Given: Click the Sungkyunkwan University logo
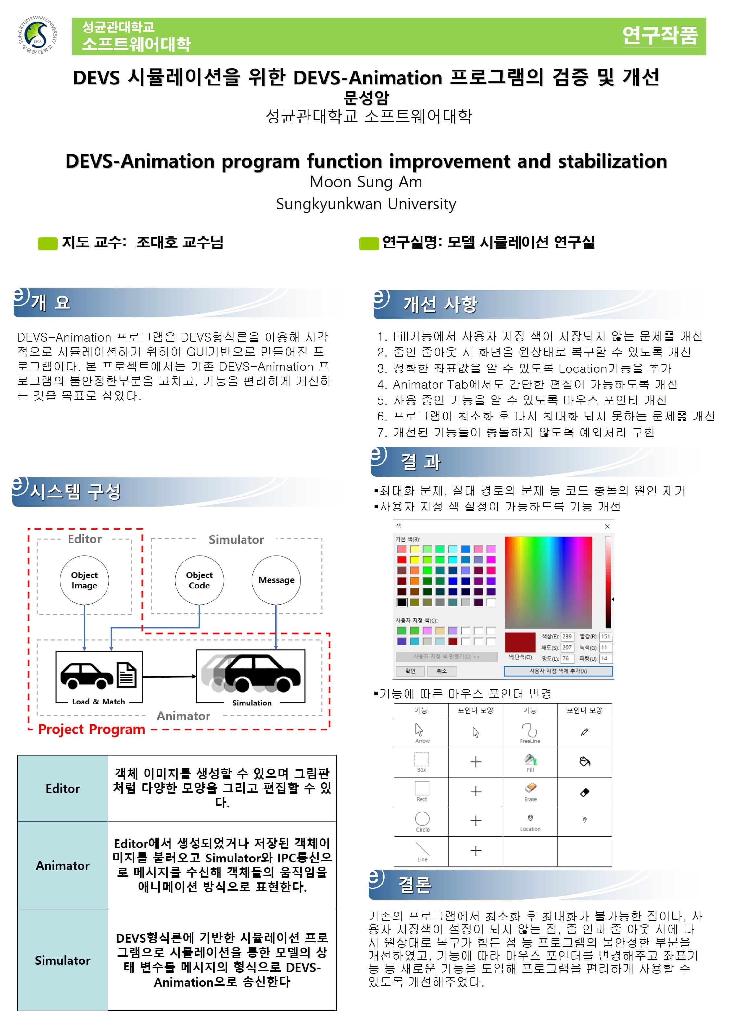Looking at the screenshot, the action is tap(37, 35).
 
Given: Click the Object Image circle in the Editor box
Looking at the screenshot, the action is tap(84, 580).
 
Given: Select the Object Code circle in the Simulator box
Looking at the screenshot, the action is tap(199, 580).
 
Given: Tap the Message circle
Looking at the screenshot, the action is tap(276, 580).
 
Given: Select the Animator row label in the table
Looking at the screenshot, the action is tap(63, 865).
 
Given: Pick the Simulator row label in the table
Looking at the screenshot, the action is tap(63, 960).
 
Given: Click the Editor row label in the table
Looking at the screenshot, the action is tap(63, 788).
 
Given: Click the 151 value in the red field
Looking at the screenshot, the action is tap(605, 636).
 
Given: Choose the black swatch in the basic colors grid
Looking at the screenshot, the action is tap(402, 602).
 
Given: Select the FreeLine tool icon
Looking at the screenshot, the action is tap(529, 729).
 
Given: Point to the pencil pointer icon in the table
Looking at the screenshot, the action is tap(584, 732).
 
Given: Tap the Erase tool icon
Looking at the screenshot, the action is tap(530, 787).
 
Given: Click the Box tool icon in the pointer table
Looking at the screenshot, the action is tap(421, 759).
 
